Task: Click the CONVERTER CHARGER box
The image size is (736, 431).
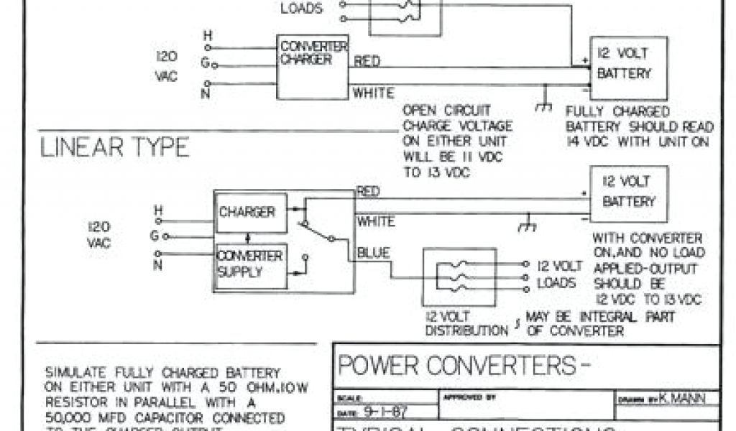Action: pos(313,66)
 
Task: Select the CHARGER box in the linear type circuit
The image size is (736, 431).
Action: pos(247,213)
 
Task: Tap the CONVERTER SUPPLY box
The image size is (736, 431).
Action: pos(250,265)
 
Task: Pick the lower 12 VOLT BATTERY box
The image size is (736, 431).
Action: pos(628,192)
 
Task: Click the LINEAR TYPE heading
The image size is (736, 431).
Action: pos(114,147)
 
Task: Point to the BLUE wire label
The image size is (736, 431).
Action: pos(374,253)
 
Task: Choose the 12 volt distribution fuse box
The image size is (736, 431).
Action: pos(459,277)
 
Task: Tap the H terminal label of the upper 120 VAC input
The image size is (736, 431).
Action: pos(208,34)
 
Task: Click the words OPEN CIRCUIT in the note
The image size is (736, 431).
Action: pos(446,111)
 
